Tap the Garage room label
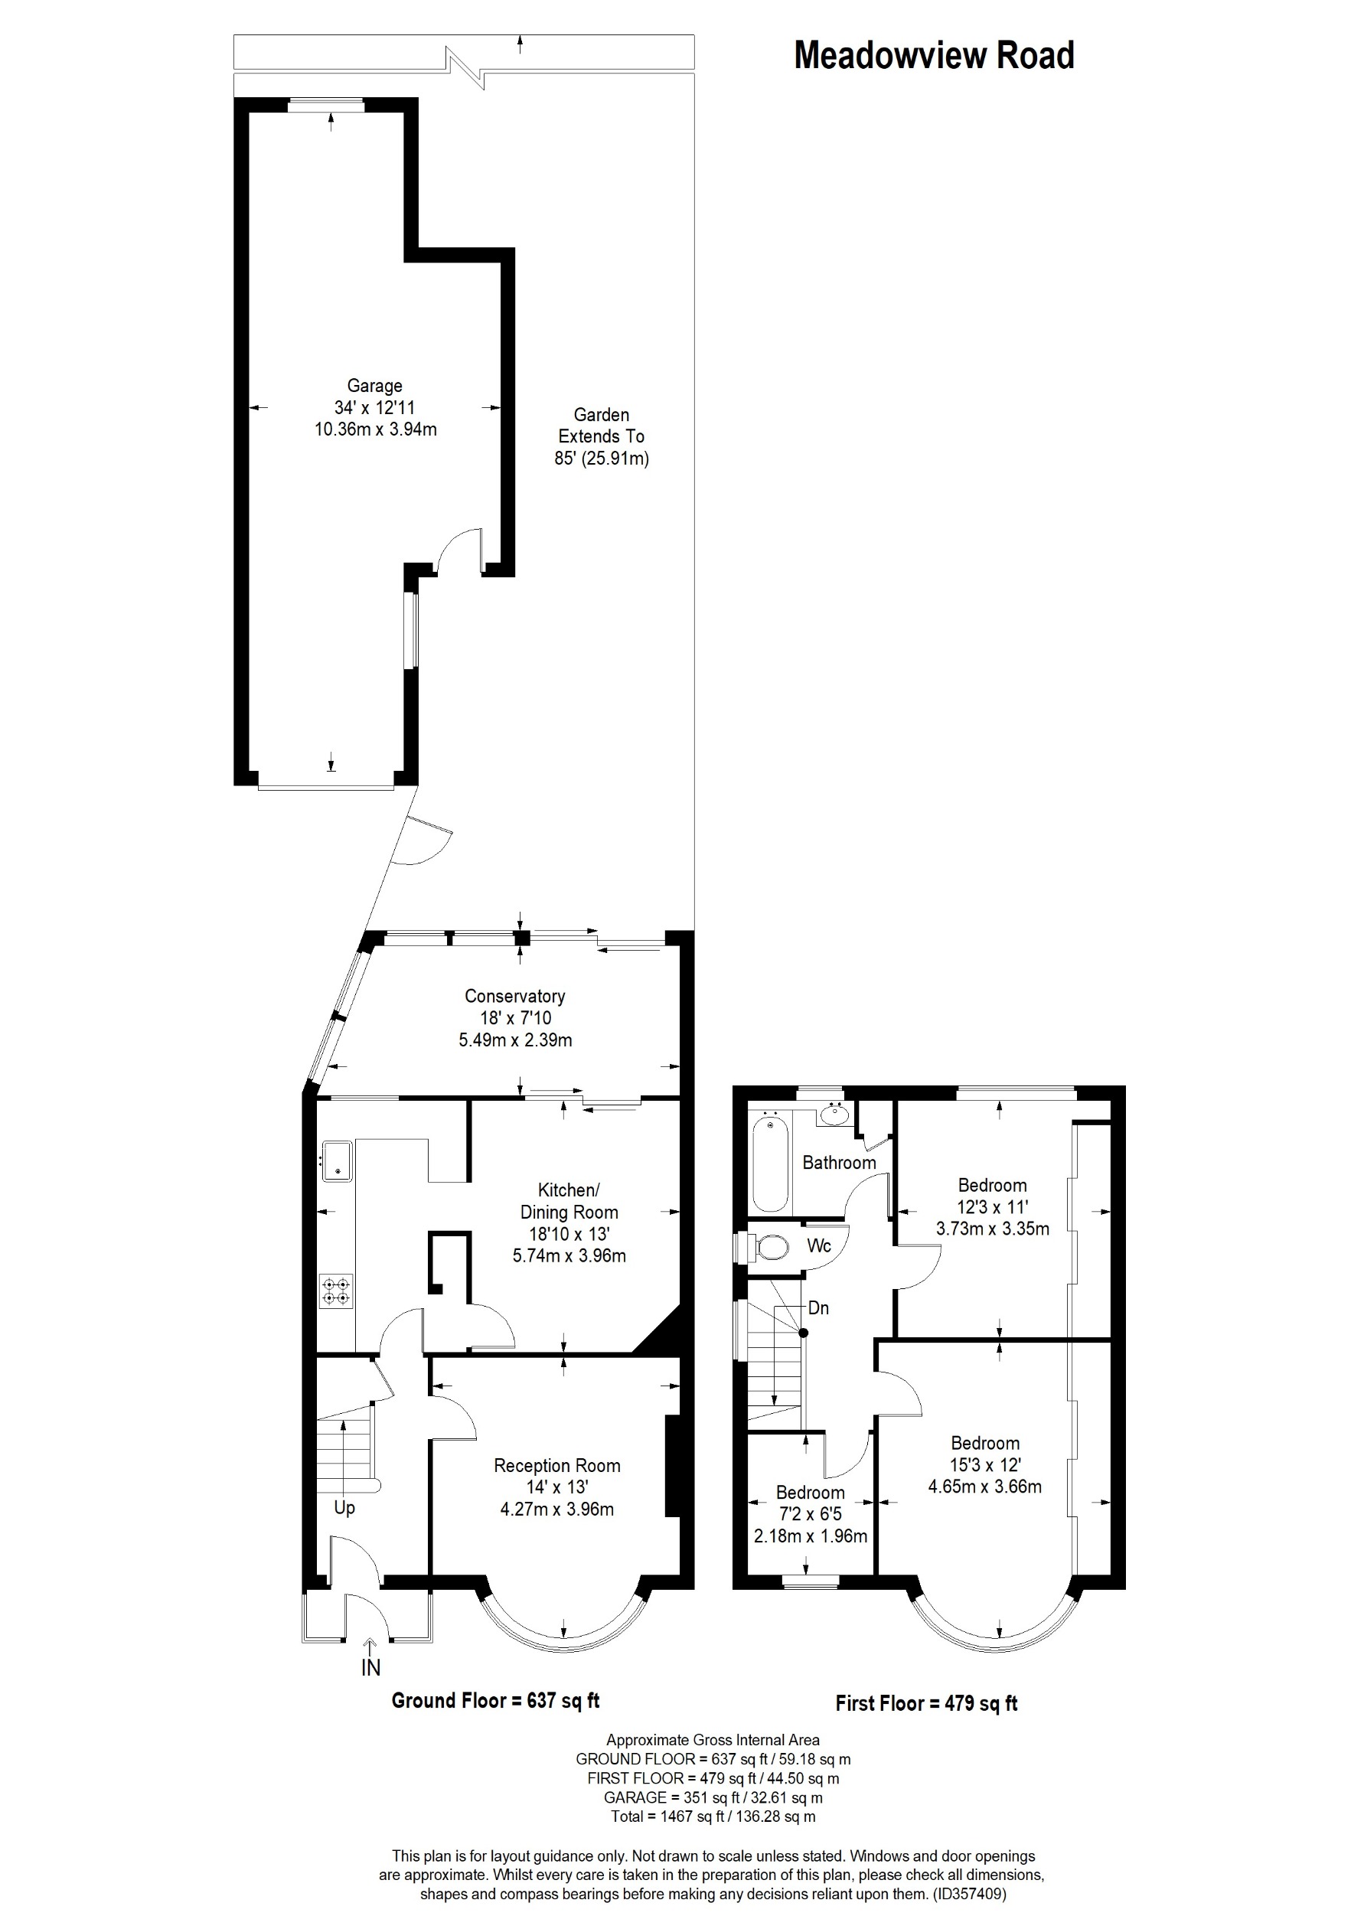coord(374,386)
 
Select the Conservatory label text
coord(514,996)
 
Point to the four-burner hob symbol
coord(336,1291)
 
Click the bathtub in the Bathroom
coord(768,1162)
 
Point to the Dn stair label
coord(818,1307)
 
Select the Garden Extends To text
coord(601,425)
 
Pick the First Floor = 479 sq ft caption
coord(925,1703)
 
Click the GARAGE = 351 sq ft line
coord(713,1798)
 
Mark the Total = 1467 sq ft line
coord(713,1816)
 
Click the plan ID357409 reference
coord(968,1894)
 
